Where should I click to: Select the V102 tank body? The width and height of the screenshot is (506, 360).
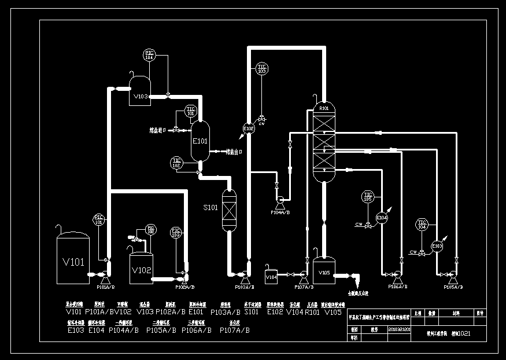tap(141, 269)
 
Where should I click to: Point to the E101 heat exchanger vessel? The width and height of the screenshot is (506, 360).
tap(200, 141)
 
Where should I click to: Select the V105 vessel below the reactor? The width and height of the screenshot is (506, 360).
tap(324, 271)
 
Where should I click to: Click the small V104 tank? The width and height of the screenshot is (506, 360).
tap(272, 277)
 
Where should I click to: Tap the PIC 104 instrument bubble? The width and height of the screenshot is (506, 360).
tap(149, 56)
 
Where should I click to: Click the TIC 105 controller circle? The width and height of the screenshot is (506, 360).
tap(367, 196)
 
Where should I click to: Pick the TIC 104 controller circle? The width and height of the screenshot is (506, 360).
tap(422, 225)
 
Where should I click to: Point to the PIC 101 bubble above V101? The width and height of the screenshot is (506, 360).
tap(99, 219)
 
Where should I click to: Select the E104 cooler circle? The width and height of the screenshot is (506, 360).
tap(382, 218)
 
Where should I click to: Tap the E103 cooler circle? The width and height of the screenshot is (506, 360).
tap(438, 246)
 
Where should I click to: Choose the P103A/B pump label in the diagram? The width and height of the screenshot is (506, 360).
tap(244, 287)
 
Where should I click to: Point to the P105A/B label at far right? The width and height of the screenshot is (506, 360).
tap(453, 287)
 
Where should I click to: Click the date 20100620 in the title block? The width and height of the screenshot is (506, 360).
tap(399, 329)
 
